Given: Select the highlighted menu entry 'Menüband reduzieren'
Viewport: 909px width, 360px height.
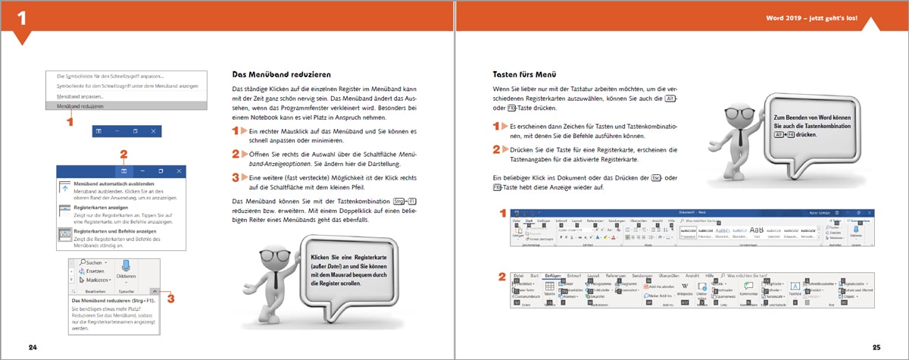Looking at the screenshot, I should pyautogui.click(x=81, y=107).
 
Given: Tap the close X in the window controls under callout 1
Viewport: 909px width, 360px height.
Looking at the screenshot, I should pyautogui.click(x=154, y=131).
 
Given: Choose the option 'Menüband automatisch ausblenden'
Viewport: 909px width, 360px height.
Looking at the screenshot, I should pyautogui.click(x=113, y=184).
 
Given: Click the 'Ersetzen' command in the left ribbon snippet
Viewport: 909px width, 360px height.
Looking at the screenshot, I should pyautogui.click(x=94, y=271).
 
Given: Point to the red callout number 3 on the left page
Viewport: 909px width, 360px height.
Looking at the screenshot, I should pyautogui.click(x=170, y=299).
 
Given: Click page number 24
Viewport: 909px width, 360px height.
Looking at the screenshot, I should pyautogui.click(x=33, y=347).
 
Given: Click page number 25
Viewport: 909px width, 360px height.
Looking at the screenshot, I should pyautogui.click(x=876, y=347).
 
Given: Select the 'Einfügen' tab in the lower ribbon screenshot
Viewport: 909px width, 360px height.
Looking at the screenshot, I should pyautogui.click(x=551, y=276).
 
